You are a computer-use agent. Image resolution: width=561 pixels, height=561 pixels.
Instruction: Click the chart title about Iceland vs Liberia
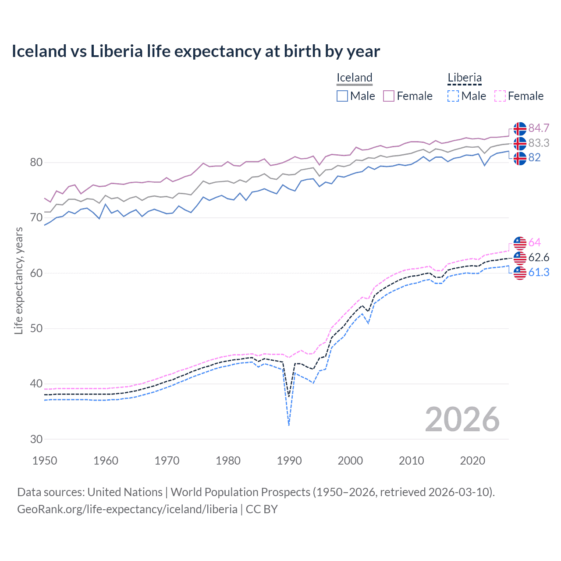click(x=195, y=51)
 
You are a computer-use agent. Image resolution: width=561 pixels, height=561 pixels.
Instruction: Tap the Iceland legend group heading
click(x=354, y=78)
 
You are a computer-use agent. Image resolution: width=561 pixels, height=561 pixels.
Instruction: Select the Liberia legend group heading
click(x=464, y=78)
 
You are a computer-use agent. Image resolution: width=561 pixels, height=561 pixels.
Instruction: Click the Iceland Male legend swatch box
click(x=342, y=96)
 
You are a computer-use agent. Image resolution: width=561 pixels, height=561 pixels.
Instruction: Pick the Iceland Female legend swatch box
click(x=389, y=96)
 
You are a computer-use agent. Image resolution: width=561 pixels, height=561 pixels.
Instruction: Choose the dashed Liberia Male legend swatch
click(x=453, y=96)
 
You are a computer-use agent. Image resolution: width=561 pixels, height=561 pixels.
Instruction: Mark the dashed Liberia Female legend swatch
click(x=500, y=96)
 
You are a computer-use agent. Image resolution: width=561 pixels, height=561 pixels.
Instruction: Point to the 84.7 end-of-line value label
click(x=539, y=128)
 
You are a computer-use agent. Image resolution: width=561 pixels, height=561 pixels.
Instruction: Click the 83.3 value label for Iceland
click(x=539, y=143)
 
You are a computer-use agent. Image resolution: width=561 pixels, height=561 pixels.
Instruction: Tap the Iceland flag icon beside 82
click(x=520, y=158)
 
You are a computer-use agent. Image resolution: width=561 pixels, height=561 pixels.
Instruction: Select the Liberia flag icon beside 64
click(x=520, y=243)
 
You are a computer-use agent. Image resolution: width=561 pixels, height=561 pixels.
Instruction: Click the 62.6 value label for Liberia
click(x=539, y=257)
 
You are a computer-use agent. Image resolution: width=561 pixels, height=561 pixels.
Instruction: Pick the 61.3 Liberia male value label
click(x=539, y=272)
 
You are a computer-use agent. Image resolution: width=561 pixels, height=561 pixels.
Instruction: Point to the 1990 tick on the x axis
click(x=289, y=461)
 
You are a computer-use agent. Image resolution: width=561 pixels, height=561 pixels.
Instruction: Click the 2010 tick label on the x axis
click(x=411, y=461)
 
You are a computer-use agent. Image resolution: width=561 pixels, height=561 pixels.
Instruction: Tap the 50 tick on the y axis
click(x=36, y=328)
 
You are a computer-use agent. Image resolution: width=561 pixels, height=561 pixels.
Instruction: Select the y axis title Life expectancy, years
click(x=18, y=280)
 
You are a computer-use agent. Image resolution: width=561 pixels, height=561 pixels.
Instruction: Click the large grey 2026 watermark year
click(x=462, y=419)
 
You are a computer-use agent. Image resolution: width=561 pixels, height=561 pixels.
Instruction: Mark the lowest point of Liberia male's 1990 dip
click(x=289, y=425)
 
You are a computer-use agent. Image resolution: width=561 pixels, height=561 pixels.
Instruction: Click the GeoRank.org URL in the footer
click(x=127, y=509)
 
